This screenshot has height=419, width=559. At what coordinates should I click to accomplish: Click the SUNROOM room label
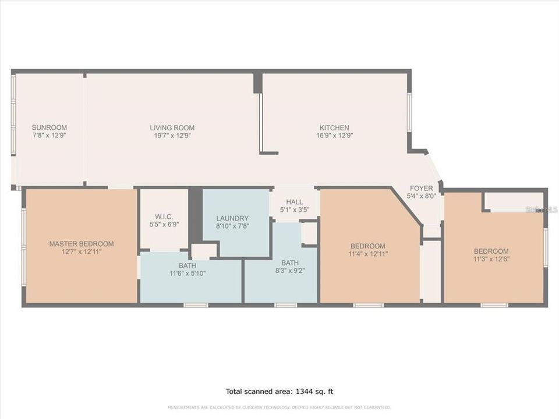pyautogui.click(x=49, y=127)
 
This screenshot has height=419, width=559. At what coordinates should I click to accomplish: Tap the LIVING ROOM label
pyautogui.click(x=172, y=128)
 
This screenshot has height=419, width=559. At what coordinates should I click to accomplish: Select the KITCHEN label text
pyautogui.click(x=334, y=128)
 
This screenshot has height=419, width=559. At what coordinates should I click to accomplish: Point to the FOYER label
pyautogui.click(x=421, y=188)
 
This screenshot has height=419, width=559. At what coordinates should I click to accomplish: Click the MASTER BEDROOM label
pyautogui.click(x=81, y=244)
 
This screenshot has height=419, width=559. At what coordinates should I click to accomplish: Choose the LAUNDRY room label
pyautogui.click(x=232, y=218)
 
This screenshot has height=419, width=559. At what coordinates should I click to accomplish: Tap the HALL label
pyautogui.click(x=294, y=202)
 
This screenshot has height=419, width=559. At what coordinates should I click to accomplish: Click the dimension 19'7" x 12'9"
pyautogui.click(x=172, y=136)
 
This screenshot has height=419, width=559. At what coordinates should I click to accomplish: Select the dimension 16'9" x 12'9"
pyautogui.click(x=334, y=136)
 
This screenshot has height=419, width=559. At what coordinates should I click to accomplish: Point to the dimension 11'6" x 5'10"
pyautogui.click(x=187, y=274)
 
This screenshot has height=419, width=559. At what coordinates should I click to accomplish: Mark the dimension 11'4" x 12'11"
pyautogui.click(x=368, y=254)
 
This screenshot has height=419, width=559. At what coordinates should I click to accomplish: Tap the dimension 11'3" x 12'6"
pyautogui.click(x=491, y=259)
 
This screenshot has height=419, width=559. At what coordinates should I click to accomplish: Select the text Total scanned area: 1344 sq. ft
pyautogui.click(x=279, y=392)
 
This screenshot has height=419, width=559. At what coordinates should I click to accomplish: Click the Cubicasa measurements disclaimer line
pyautogui.click(x=279, y=407)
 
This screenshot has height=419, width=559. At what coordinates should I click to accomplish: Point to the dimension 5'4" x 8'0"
pyautogui.click(x=421, y=196)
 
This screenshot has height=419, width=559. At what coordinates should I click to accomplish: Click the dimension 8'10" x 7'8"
pyautogui.click(x=232, y=226)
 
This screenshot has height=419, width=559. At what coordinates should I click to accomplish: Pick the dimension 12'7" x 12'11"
pyautogui.click(x=81, y=252)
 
